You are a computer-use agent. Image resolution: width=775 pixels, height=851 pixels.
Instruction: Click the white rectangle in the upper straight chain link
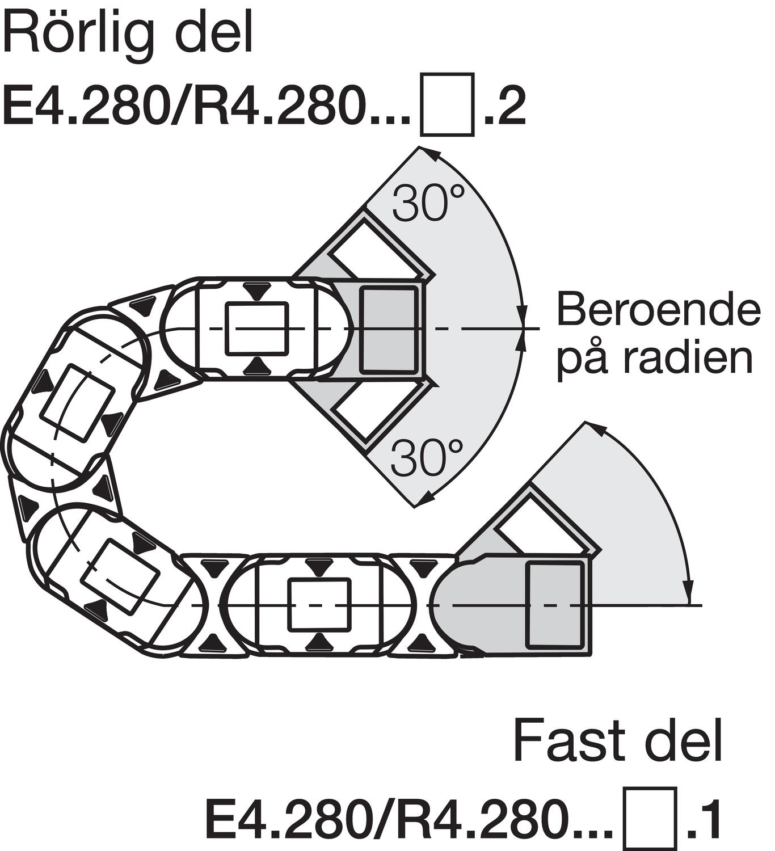(257, 328)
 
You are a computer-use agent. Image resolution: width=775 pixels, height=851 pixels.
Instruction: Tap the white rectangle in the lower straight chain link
(318, 605)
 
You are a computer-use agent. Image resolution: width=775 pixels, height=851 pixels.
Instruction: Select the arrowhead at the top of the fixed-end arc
(595, 427)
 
